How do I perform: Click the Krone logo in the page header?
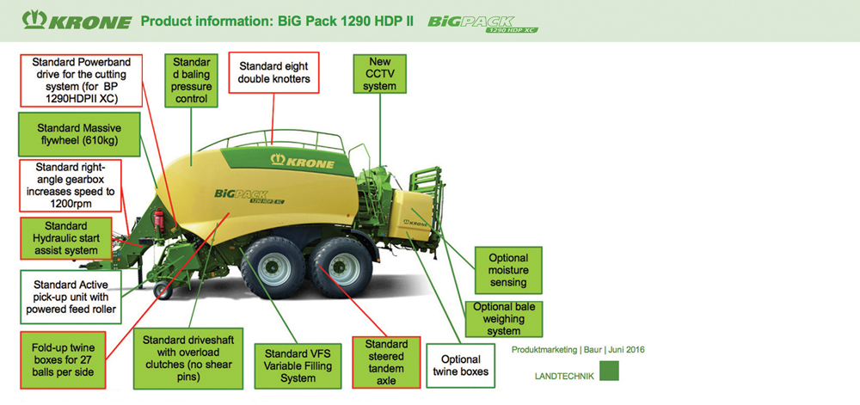point(77,21)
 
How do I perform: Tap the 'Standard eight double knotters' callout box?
point(273,73)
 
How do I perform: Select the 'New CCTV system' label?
point(379,73)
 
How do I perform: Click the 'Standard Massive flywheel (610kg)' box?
point(78,134)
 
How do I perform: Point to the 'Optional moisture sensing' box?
point(508,270)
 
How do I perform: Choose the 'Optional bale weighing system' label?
point(503,318)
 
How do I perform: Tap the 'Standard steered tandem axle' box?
point(386,362)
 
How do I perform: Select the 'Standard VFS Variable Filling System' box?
point(298,365)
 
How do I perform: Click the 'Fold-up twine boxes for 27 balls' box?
point(63,360)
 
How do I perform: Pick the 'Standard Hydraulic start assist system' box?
point(66,238)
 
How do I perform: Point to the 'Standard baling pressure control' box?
point(192,80)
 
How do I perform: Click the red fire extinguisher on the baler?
point(160,220)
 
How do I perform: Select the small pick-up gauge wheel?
point(163,291)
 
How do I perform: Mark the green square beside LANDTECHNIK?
point(609,371)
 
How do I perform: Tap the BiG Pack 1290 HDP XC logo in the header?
point(482,24)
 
